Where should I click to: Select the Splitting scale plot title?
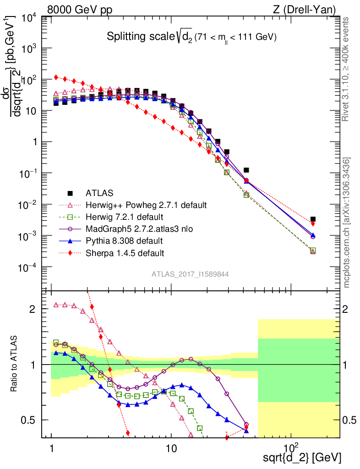(191, 37)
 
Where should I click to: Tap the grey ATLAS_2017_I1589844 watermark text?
(190, 274)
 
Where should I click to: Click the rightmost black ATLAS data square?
(313, 219)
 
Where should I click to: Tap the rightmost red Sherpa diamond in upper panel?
(313, 224)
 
